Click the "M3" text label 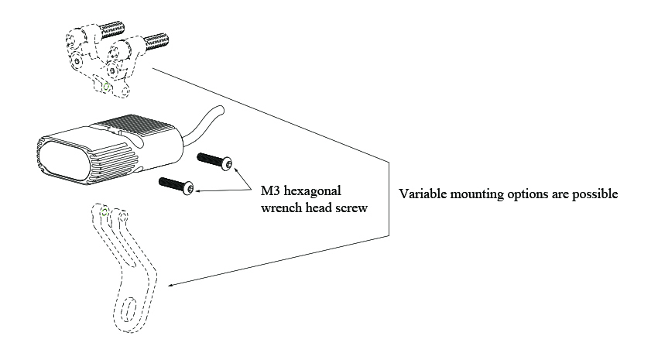(x=268, y=190)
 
